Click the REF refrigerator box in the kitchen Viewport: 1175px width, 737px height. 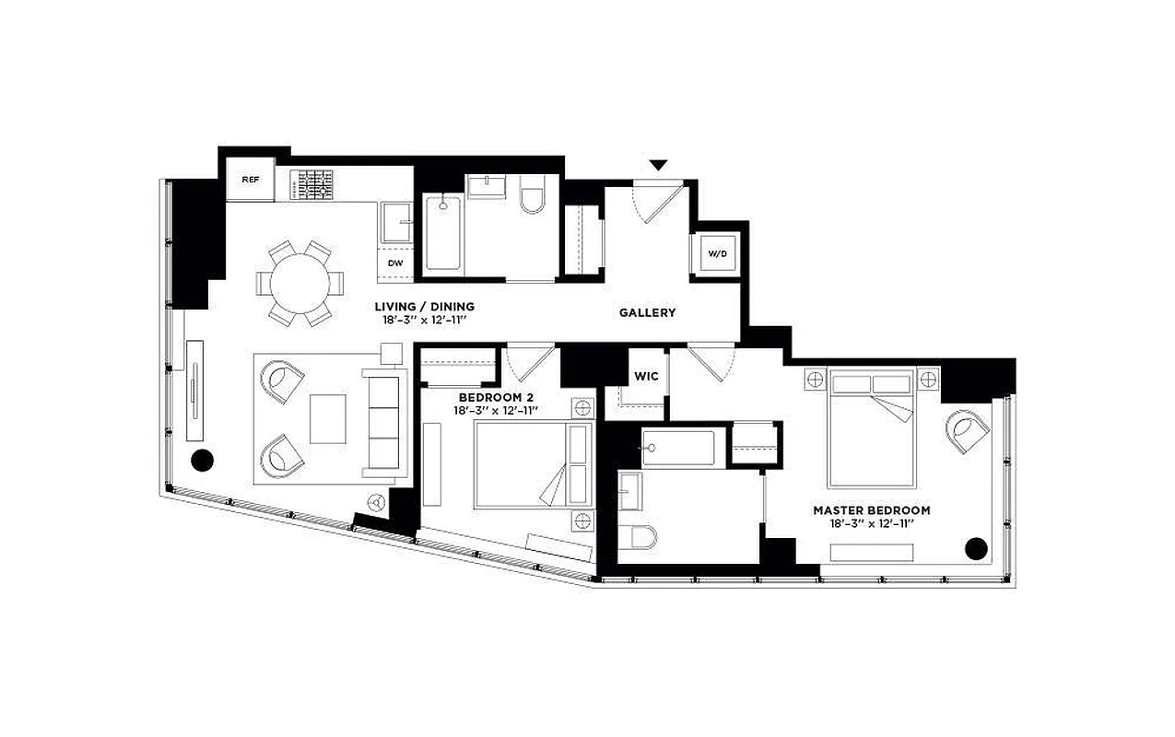click(x=251, y=180)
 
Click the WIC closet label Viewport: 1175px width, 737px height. click(x=645, y=376)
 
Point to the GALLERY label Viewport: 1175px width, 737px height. click(x=647, y=313)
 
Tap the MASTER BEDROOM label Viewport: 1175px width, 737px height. click(x=871, y=509)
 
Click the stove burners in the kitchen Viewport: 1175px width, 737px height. click(x=316, y=184)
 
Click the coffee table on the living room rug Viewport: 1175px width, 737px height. click(x=328, y=418)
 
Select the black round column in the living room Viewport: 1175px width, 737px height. click(x=201, y=460)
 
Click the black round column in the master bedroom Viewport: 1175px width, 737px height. click(x=976, y=549)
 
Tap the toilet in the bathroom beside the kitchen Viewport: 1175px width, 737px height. click(x=533, y=196)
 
